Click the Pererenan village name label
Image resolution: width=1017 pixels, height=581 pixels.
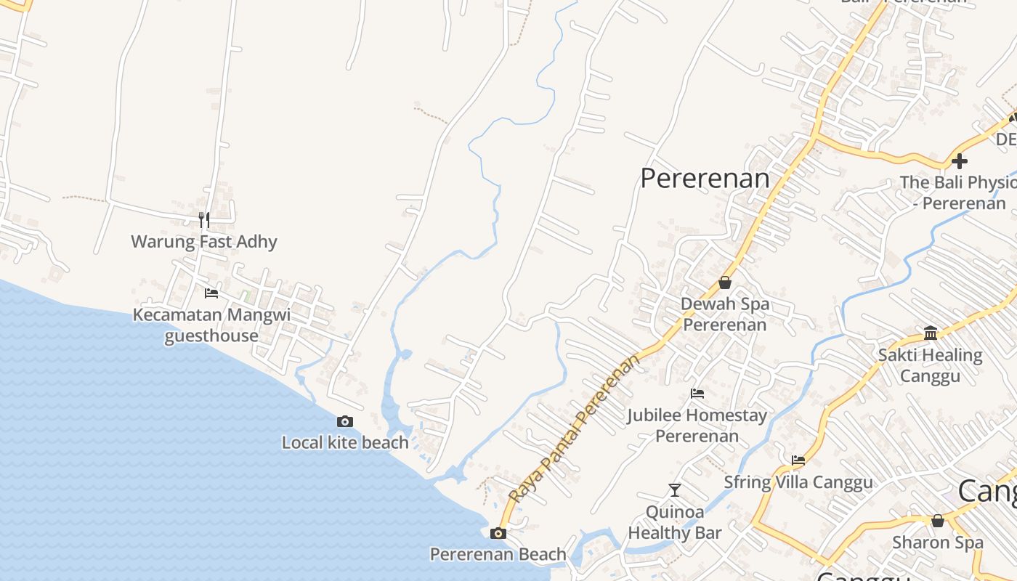point(704,178)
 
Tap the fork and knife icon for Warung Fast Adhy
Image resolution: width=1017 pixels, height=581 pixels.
point(204,219)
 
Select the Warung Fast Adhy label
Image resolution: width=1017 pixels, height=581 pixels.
point(204,241)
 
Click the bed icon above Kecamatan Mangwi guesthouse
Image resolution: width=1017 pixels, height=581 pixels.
point(211,293)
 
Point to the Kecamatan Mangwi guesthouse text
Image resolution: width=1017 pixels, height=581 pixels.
point(211,325)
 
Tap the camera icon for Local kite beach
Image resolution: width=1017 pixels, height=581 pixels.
point(345,421)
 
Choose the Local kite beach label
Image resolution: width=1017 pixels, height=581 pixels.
point(345,442)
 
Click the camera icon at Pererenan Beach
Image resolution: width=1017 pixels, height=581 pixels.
point(498,533)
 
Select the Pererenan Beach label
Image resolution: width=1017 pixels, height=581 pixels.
point(498,554)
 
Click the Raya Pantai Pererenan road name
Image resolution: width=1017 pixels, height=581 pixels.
point(575,428)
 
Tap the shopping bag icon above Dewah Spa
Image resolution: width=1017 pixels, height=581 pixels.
point(724,283)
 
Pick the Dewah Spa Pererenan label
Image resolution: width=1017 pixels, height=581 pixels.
point(724,314)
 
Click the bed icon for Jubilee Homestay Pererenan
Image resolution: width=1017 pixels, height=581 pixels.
point(697,394)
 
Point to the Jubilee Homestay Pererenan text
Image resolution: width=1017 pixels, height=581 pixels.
point(697,426)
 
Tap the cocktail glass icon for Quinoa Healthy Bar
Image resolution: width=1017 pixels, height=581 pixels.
point(675,490)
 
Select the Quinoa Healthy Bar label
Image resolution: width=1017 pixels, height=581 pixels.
point(675,522)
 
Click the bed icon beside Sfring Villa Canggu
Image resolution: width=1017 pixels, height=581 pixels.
point(798,460)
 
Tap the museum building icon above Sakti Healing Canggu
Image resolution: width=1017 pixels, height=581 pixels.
point(931,333)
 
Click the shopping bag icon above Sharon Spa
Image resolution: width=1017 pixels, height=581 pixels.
point(938,521)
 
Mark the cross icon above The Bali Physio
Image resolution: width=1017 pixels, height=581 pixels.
point(960,161)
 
